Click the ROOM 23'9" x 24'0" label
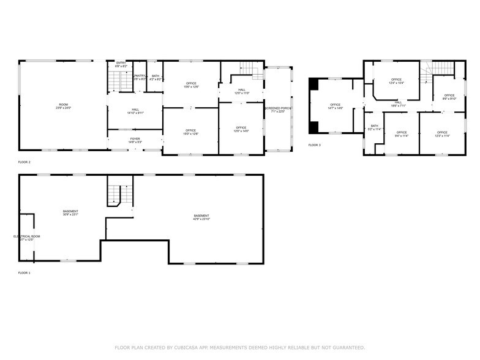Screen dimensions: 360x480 pos(64,107)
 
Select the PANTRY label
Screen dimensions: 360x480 pos(140,77)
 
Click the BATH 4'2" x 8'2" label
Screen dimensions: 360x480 pos(156,77)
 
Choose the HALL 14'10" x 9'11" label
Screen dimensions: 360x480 pos(135,111)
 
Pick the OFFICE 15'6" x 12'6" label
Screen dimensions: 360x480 pos(191,85)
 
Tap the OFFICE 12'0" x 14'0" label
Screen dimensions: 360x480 pos(241,129)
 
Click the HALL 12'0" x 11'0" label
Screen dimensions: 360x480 pos(241,91)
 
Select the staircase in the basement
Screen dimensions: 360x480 pos(120,195)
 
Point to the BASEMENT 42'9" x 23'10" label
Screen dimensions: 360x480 pos(201,217)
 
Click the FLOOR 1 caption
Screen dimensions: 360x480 pos(24,272)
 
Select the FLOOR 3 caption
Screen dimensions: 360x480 pos(314,145)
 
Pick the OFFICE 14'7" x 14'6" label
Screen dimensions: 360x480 pos(335,106)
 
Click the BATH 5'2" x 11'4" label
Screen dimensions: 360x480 pos(374,127)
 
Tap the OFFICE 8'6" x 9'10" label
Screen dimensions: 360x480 pos(449,97)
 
